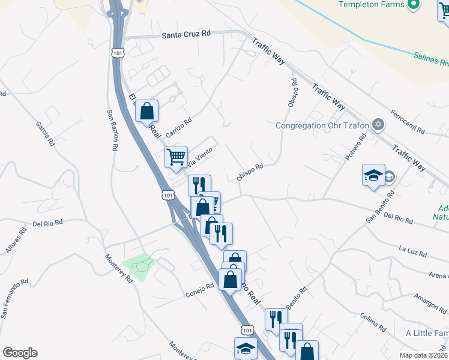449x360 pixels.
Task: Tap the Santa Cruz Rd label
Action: (x=187, y=36)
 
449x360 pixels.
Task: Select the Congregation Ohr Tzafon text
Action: (x=322, y=126)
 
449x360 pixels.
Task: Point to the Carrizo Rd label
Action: (x=179, y=124)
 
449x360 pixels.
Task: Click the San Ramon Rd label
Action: (x=112, y=130)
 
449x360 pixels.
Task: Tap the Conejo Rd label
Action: (x=199, y=289)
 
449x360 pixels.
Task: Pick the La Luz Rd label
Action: (x=412, y=251)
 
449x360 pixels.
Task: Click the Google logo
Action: (x=20, y=353)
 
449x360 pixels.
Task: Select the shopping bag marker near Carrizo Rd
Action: (x=146, y=112)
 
